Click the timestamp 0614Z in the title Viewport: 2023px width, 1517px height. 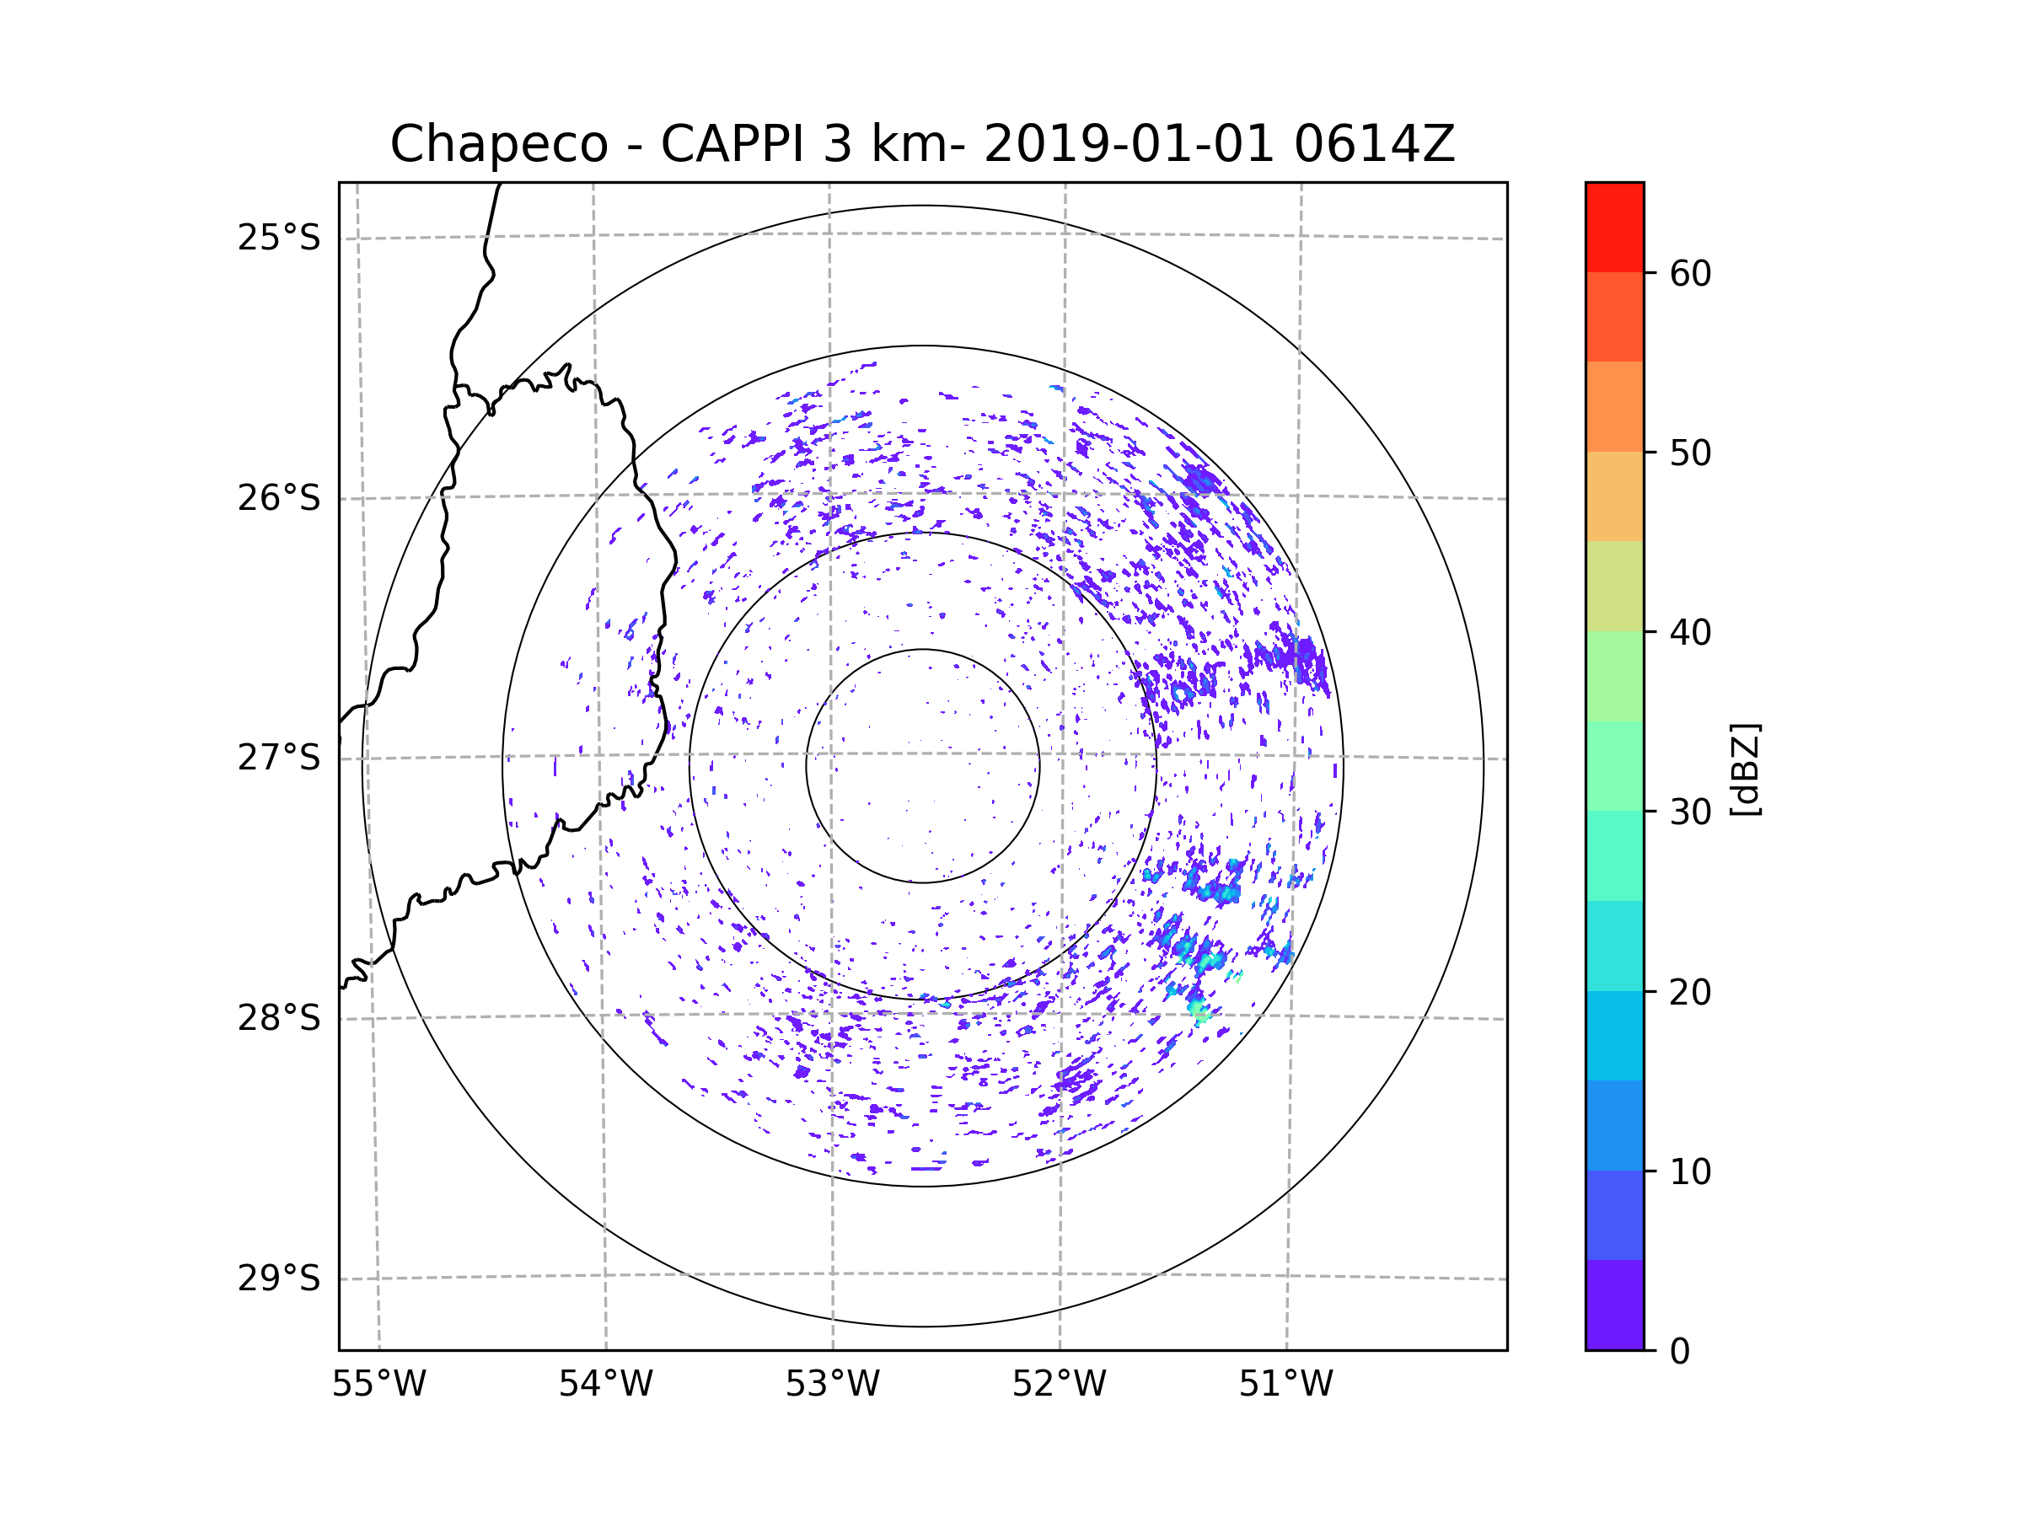pyautogui.click(x=1374, y=144)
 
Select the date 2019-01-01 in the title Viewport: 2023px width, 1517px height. pyautogui.click(x=1129, y=144)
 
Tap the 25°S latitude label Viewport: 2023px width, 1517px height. pyautogui.click(x=279, y=238)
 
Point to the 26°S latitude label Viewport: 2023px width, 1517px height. pyautogui.click(x=279, y=498)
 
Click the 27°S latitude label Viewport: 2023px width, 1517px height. pyautogui.click(x=279, y=758)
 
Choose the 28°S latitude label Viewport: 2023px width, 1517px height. pyautogui.click(x=279, y=1018)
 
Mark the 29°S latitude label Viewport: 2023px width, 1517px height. pyautogui.click(x=279, y=1278)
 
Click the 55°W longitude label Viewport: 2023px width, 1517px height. pyautogui.click(x=378, y=1385)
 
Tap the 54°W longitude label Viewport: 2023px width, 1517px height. pyautogui.click(x=605, y=1385)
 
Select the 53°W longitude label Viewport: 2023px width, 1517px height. pyautogui.click(x=832, y=1385)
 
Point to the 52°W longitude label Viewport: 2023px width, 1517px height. pyautogui.click(x=1059, y=1385)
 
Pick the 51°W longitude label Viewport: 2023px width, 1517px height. pyautogui.click(x=1285, y=1385)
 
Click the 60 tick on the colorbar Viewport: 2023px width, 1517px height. pyautogui.click(x=1690, y=273)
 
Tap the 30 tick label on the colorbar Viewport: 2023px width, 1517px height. pyautogui.click(x=1690, y=812)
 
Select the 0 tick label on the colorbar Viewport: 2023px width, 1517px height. pyautogui.click(x=1680, y=1352)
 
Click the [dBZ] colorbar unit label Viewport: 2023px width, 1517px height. pyautogui.click(x=1745, y=769)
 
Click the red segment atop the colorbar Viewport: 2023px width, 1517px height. pyautogui.click(x=1614, y=228)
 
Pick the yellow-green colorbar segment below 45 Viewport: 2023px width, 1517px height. pyautogui.click(x=1614, y=586)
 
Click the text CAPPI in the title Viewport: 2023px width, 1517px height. pyautogui.click(x=734, y=144)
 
